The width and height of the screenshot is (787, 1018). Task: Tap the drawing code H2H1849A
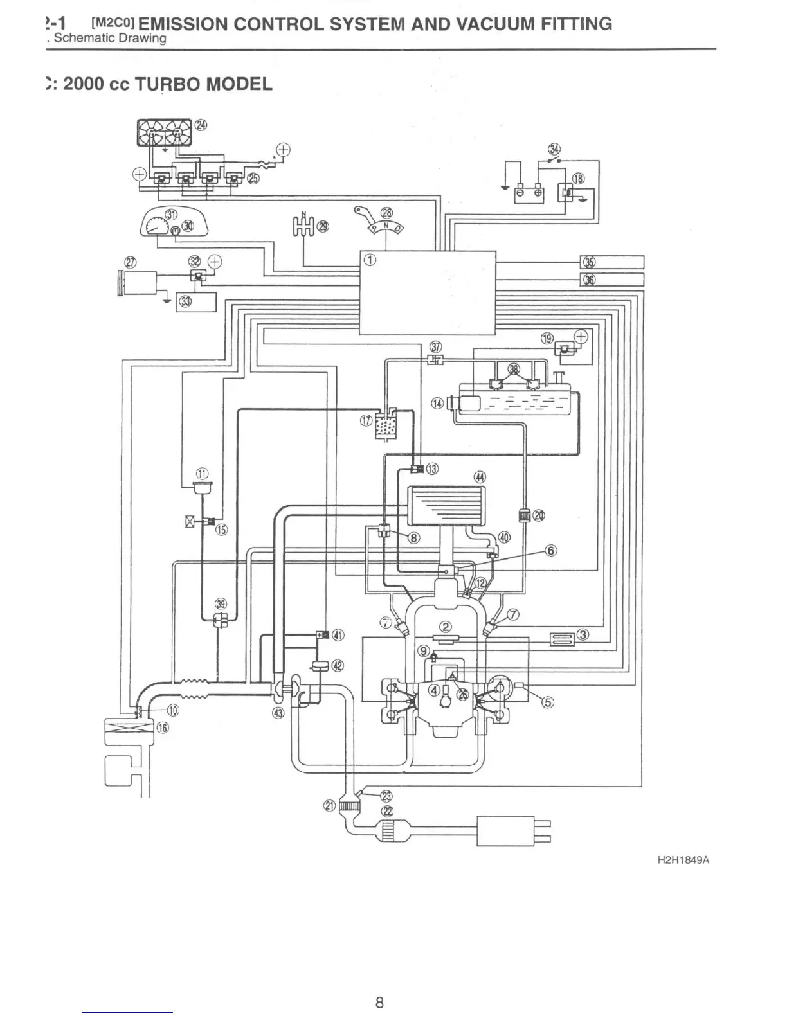click(x=683, y=860)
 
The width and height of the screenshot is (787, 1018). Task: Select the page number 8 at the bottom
click(x=380, y=1002)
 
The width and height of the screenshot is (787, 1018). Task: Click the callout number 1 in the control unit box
click(x=369, y=260)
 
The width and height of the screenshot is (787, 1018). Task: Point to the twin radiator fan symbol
click(x=164, y=132)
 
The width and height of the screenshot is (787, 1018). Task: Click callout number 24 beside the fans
click(x=201, y=125)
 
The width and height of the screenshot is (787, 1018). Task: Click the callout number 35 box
click(x=588, y=262)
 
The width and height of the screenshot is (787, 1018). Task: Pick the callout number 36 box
click(x=588, y=279)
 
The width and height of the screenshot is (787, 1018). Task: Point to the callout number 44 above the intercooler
click(x=480, y=477)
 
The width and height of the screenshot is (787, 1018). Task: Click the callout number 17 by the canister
click(x=366, y=421)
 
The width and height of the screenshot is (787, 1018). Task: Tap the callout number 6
click(x=551, y=550)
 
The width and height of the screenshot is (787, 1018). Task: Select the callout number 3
click(x=583, y=635)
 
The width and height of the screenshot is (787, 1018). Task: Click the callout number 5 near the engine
click(x=548, y=702)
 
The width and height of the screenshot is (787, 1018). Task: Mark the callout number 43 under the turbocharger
click(x=278, y=712)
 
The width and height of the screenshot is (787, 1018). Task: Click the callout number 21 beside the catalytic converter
click(x=329, y=806)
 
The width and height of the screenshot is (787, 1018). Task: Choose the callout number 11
click(x=203, y=474)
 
